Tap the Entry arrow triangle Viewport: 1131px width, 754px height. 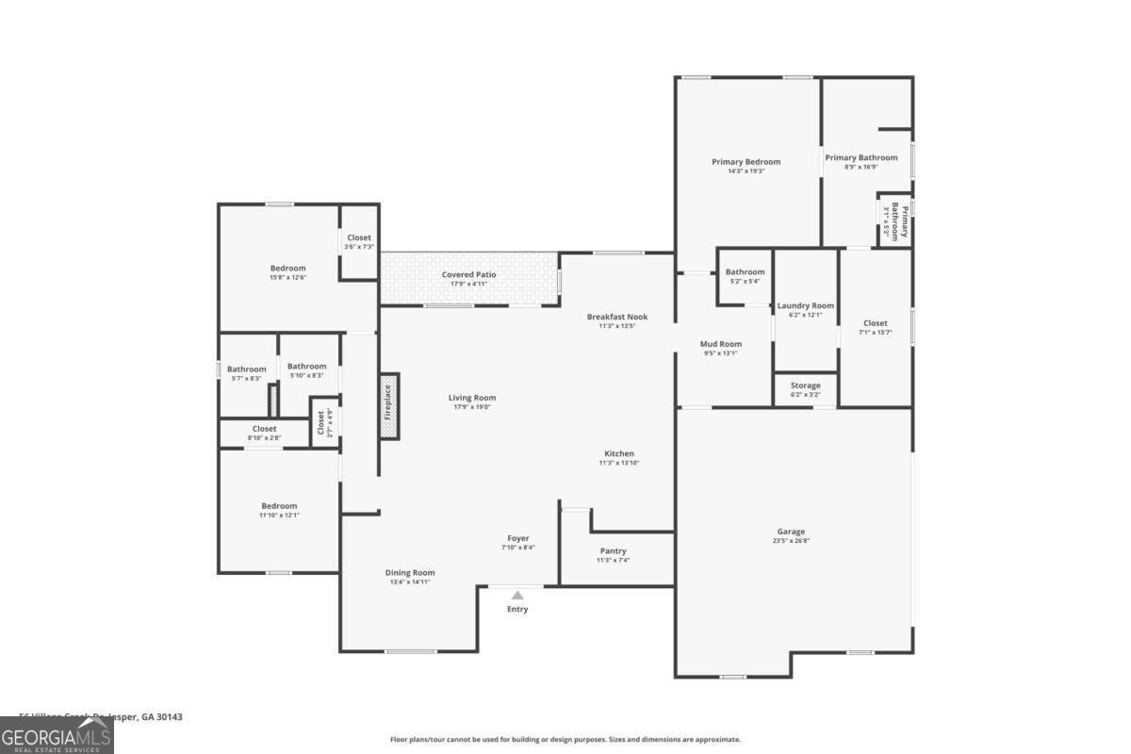517,595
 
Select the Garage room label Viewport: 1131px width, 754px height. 791,532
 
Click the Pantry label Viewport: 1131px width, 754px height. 613,551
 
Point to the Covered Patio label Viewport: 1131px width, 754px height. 468,274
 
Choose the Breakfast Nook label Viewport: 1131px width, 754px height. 616,317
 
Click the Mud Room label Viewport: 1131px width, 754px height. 721,344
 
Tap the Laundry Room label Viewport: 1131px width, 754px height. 805,305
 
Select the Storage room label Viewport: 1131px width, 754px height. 805,385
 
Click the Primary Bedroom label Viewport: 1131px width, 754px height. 746,161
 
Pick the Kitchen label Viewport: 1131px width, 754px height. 619,453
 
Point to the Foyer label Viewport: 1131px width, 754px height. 517,538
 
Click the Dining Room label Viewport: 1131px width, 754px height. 410,572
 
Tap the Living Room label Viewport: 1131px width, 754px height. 471,398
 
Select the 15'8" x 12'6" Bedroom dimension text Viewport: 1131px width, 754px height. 287,277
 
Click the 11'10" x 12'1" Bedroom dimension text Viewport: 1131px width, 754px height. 279,516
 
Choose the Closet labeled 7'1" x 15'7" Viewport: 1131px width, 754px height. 875,323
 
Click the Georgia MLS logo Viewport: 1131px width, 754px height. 57,735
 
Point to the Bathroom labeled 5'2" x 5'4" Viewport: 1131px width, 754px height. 745,272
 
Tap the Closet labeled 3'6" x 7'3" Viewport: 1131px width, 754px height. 359,238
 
